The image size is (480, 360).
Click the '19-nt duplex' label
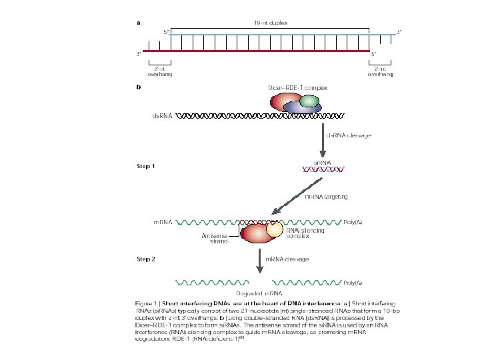(x=271, y=23)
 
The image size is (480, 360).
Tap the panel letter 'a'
(x=139, y=23)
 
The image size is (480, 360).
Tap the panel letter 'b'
(x=139, y=87)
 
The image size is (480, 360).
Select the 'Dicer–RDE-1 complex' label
(x=297, y=87)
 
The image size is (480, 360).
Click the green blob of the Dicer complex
(x=309, y=101)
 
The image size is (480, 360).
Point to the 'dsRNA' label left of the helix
(x=162, y=115)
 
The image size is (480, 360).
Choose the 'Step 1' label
(x=146, y=166)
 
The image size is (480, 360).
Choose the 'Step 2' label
(x=146, y=259)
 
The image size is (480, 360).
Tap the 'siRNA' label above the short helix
(x=323, y=162)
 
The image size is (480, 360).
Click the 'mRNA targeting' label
(x=326, y=197)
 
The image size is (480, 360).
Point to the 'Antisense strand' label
(x=215, y=239)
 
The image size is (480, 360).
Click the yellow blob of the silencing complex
(x=275, y=229)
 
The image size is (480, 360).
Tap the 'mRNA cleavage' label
(x=287, y=259)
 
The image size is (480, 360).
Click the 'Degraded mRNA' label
(x=259, y=293)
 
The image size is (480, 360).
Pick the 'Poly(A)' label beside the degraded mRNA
(x=353, y=283)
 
